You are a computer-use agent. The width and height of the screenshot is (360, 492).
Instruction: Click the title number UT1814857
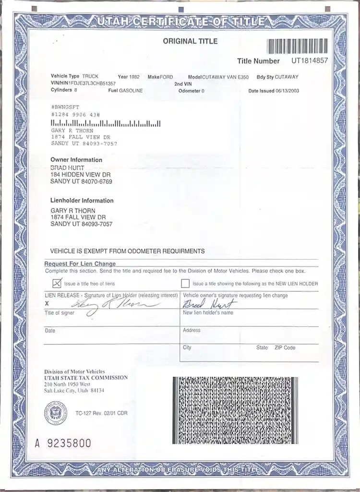[310, 60]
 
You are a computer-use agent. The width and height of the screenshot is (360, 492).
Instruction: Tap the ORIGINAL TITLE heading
[190, 41]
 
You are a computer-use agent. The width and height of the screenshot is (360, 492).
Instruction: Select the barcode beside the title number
[298, 46]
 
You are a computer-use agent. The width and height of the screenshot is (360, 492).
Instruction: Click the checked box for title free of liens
[57, 283]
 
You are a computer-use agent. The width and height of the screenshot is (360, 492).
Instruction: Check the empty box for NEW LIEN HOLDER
[185, 283]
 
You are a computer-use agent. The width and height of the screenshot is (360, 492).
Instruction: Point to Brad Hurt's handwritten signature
[209, 304]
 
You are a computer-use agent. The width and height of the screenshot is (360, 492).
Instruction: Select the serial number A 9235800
[62, 443]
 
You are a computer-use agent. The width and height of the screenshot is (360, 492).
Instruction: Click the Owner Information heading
[76, 160]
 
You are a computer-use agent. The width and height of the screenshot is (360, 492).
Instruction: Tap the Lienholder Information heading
[82, 201]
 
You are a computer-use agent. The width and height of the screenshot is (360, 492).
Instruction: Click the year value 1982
[134, 77]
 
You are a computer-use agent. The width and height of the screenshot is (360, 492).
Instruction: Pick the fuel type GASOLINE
[131, 91]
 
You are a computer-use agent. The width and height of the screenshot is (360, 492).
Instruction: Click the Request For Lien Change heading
[80, 264]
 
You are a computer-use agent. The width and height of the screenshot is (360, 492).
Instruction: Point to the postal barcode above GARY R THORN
[106, 124]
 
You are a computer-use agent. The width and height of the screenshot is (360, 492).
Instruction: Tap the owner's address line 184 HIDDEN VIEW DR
[81, 175]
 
